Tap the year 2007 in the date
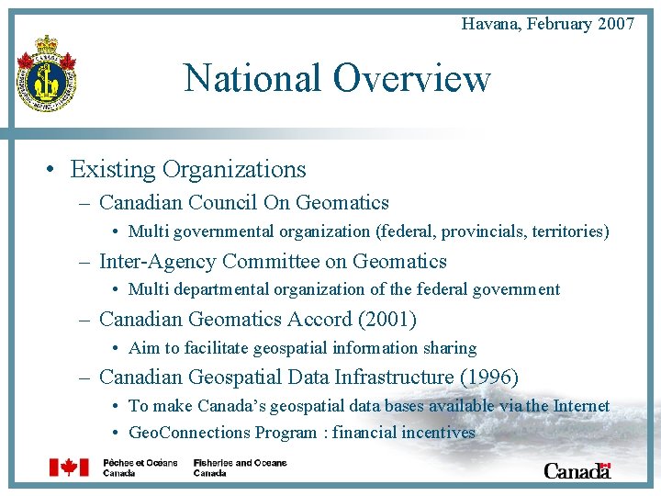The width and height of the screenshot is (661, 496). (x=615, y=24)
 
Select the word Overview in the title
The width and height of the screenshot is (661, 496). (x=412, y=78)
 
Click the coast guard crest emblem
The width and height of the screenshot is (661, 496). (x=46, y=75)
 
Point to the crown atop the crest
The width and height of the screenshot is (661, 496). (x=46, y=44)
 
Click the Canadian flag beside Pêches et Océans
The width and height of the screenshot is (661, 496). (x=69, y=468)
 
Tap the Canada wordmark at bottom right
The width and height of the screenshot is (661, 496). (x=577, y=470)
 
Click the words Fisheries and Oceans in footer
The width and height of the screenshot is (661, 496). (x=240, y=462)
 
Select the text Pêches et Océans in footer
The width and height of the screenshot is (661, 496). (x=140, y=462)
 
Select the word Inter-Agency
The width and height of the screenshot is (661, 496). (x=157, y=262)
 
